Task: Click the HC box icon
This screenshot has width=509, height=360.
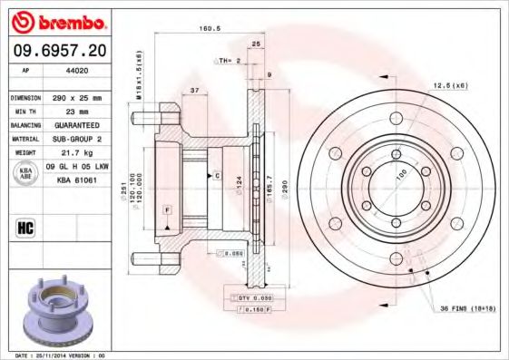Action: pos(24,227)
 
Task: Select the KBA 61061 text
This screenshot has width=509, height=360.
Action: pos(78,180)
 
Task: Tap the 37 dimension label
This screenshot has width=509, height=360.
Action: pos(195,90)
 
